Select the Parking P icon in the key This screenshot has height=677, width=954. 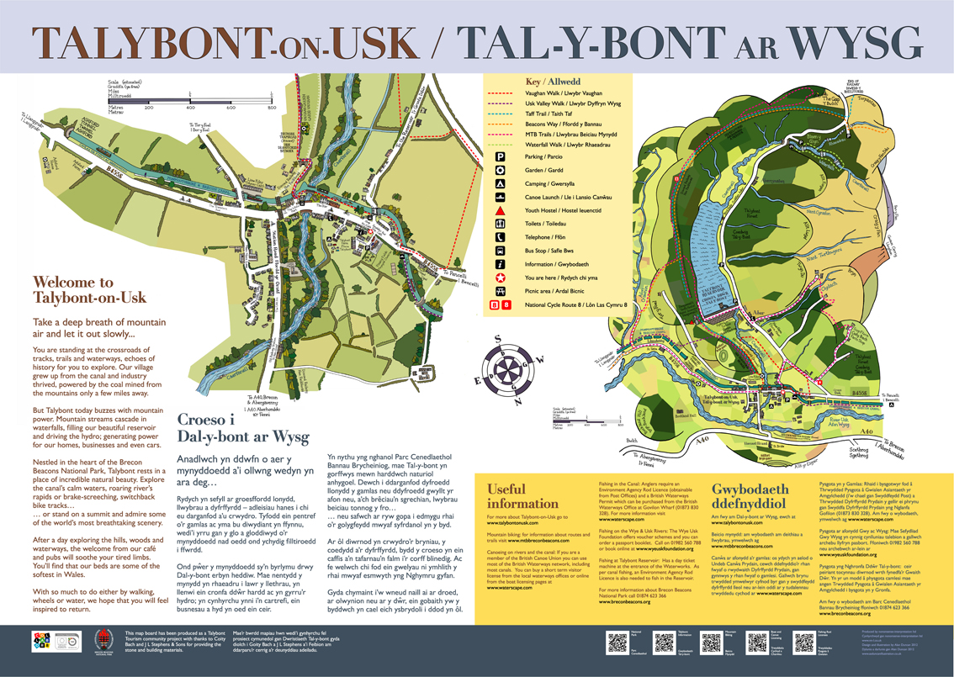pos(500,156)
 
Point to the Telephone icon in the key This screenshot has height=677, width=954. pos(500,237)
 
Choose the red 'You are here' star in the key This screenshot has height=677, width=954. pos(500,277)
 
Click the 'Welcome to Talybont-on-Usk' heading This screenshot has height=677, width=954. pos(88,290)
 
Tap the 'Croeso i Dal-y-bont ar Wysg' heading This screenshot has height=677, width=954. pos(232,427)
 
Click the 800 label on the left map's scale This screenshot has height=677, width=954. pos(272,108)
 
